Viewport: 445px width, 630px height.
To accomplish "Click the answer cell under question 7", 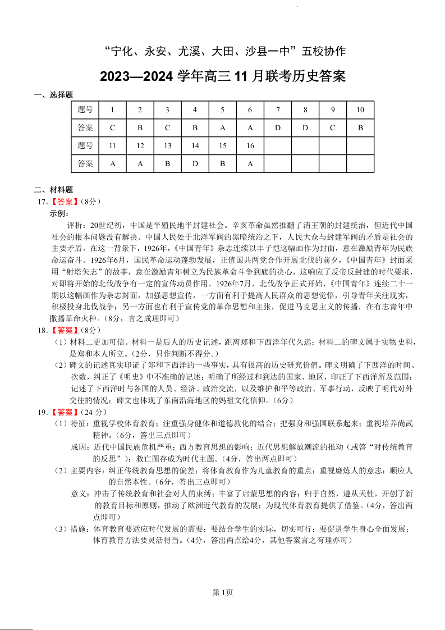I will pyautogui.click(x=278, y=127).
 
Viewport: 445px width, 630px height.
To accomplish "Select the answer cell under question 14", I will pyautogui.click(x=195, y=164).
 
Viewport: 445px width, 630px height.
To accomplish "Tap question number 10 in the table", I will pyautogui.click(x=360, y=109).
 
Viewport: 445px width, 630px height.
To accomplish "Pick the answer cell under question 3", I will pyautogui.click(x=167, y=127).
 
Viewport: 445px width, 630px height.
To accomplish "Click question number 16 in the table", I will pyautogui.click(x=250, y=146).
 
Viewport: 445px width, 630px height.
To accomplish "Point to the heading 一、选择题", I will pyautogui.click(x=54, y=95).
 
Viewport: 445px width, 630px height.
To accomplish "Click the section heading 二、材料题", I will pyautogui.click(x=54, y=190).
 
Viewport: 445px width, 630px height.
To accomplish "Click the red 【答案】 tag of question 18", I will pyautogui.click(x=64, y=330).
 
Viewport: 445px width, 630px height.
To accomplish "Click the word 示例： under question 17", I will pyautogui.click(x=60, y=213).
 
